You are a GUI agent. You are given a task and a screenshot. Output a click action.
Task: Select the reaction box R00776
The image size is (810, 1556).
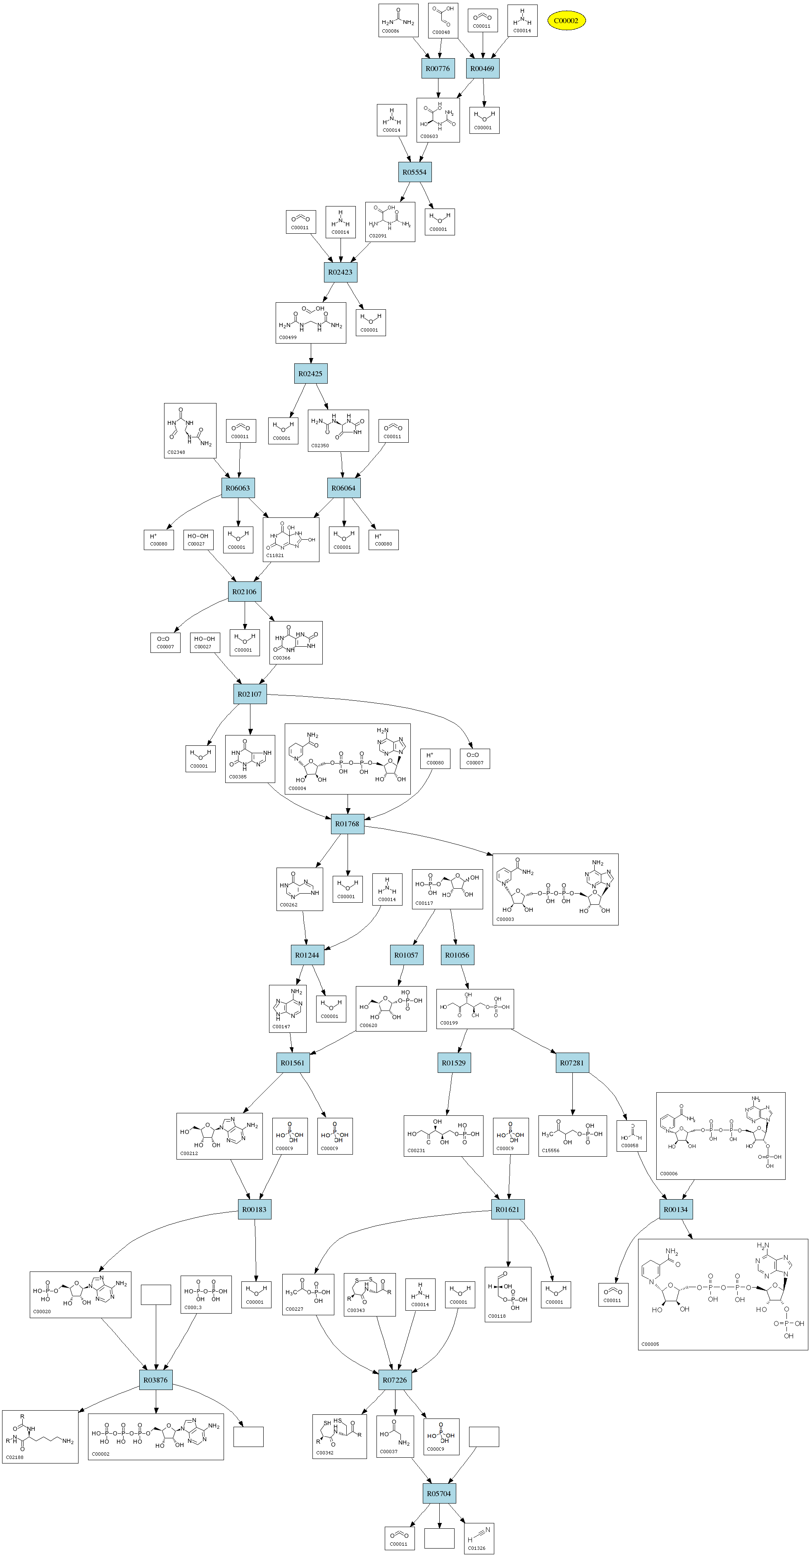coord(438,68)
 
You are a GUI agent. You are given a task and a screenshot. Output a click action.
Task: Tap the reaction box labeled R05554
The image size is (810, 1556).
coord(415,172)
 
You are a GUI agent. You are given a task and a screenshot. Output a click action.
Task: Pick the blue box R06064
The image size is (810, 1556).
coord(343,488)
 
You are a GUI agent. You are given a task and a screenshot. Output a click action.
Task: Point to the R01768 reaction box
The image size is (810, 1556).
coord(347,824)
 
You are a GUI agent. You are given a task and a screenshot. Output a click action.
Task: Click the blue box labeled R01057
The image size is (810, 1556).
coord(406,955)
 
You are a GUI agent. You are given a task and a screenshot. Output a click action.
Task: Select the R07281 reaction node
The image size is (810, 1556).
coord(572,1063)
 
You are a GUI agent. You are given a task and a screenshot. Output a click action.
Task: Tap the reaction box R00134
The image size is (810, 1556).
coord(675,1209)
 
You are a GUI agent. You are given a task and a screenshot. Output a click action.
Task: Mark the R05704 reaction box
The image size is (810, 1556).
coord(439,1493)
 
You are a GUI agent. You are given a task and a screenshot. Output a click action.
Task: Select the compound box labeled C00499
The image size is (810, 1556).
coord(311,323)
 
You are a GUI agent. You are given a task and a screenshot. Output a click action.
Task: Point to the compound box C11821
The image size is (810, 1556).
coord(291,539)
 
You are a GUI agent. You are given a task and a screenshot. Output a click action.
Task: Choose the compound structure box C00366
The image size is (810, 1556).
coord(295,643)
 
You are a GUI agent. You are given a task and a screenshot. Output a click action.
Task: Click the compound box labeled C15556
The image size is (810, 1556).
coord(572,1136)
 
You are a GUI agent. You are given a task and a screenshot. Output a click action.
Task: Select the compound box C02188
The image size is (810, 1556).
coord(40,1436)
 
